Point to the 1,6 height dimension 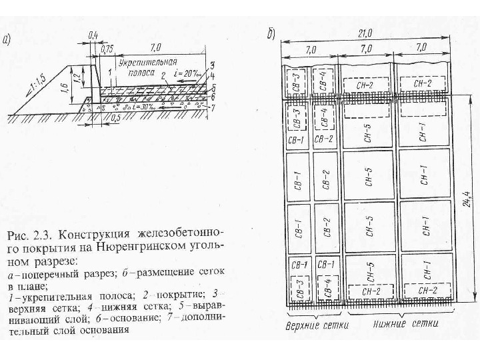63,87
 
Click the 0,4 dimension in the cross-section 92,33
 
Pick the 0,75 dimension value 105,48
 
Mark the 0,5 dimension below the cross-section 115,118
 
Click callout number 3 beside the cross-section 211,65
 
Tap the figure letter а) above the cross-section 10,39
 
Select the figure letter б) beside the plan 272,33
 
